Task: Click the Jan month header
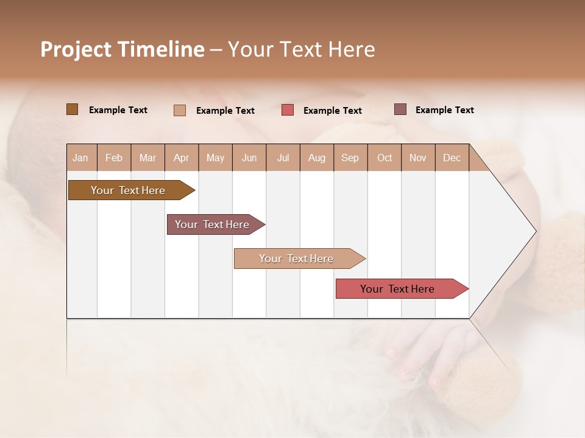pyautogui.click(x=81, y=158)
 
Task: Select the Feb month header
pyautogui.click(x=114, y=158)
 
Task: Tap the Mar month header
pyautogui.click(x=147, y=158)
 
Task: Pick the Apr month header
pyautogui.click(x=181, y=158)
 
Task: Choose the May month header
pyautogui.click(x=215, y=158)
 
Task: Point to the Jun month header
pyautogui.click(x=249, y=158)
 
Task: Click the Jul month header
pyautogui.click(x=283, y=158)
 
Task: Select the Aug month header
pyautogui.click(x=317, y=158)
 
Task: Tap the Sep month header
pyautogui.click(x=350, y=158)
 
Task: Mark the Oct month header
pyautogui.click(x=385, y=158)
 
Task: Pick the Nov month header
pyautogui.click(x=418, y=158)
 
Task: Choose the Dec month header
pyautogui.click(x=452, y=158)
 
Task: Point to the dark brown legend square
pyautogui.click(x=73, y=109)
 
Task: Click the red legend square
pyautogui.click(x=288, y=110)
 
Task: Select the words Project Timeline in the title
pyautogui.click(x=122, y=49)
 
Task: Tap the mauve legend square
pyautogui.click(x=400, y=109)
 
